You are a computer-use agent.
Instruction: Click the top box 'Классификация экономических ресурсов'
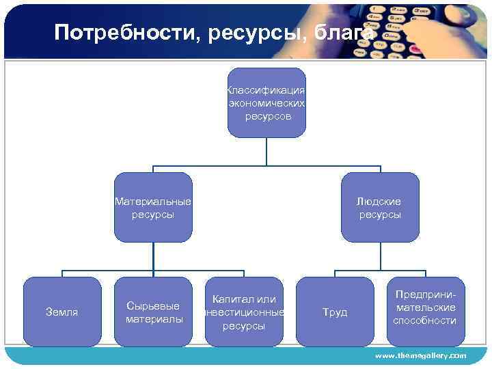(266, 102)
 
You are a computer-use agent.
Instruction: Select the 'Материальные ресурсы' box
(153, 208)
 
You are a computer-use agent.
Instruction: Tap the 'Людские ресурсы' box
(380, 208)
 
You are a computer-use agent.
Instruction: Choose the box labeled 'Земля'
(61, 312)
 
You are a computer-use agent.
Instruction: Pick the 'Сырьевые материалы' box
(154, 312)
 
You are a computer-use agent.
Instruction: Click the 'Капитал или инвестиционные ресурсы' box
(244, 312)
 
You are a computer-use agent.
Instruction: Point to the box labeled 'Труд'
(335, 312)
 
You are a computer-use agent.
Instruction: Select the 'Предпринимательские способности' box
(425, 312)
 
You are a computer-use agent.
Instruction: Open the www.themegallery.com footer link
(420, 356)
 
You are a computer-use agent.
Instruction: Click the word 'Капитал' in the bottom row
(230, 299)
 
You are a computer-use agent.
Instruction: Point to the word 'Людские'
(380, 202)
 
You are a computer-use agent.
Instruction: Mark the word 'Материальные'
(153, 202)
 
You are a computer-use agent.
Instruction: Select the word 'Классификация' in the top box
(266, 90)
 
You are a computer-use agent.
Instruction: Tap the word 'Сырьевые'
(154, 306)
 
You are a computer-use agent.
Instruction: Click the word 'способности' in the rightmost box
(425, 320)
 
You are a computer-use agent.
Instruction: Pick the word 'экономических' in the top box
(266, 103)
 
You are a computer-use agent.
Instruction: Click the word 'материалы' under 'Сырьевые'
(154, 319)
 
